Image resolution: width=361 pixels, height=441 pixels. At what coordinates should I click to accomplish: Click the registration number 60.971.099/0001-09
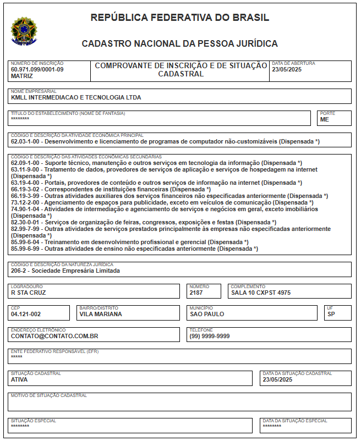(37, 69)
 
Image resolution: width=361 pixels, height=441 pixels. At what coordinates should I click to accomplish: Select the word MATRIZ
(22, 76)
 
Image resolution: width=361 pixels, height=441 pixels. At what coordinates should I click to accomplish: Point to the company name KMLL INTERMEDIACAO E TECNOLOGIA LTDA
(76, 97)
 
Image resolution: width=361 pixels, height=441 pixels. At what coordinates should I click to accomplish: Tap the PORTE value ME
(324, 119)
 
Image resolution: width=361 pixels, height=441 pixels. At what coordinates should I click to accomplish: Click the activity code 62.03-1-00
(26, 141)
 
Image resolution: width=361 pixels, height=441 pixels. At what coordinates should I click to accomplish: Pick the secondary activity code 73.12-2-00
(26, 202)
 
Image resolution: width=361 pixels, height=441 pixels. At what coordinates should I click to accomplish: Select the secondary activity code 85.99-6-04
(26, 242)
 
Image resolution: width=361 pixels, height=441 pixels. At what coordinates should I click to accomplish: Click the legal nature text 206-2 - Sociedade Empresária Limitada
(65, 271)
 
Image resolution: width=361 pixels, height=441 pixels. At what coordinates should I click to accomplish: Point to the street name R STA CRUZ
(29, 293)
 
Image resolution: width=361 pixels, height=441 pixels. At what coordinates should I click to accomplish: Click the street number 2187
(196, 293)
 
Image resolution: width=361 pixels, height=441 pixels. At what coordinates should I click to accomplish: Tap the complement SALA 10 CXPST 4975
(260, 293)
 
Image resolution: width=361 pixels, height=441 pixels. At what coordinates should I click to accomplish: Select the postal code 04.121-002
(26, 314)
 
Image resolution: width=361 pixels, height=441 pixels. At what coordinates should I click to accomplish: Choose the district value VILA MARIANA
(100, 314)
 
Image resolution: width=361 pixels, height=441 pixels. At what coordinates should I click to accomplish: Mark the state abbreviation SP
(331, 314)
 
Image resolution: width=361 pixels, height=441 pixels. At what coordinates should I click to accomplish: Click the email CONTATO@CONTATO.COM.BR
(54, 335)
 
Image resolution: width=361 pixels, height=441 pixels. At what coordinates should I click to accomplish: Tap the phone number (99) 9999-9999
(210, 335)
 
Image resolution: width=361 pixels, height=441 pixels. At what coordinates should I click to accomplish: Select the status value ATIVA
(19, 379)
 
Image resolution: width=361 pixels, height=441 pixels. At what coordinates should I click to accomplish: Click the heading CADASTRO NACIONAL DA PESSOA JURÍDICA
(179, 43)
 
